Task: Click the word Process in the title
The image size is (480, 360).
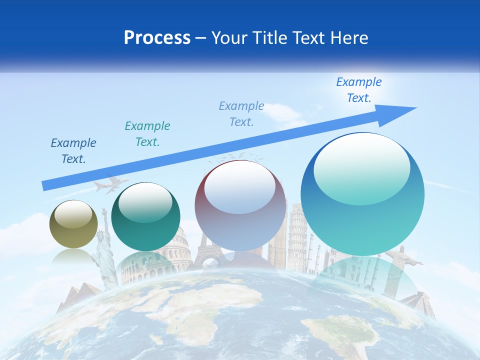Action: tap(157, 38)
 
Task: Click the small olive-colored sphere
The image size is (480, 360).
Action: tap(73, 224)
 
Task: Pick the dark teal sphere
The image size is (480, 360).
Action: tap(145, 216)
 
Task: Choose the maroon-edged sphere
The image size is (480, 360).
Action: tap(240, 205)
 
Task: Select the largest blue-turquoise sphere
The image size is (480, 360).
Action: tap(362, 194)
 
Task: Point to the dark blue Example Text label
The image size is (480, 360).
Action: tap(73, 151)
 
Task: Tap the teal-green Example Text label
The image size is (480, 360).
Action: tap(147, 134)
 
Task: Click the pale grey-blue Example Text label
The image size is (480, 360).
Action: tap(241, 114)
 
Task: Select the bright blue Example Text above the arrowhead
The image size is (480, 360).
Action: tap(359, 90)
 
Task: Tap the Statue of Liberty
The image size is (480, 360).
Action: tap(104, 250)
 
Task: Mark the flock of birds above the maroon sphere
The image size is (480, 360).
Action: tap(235, 156)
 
